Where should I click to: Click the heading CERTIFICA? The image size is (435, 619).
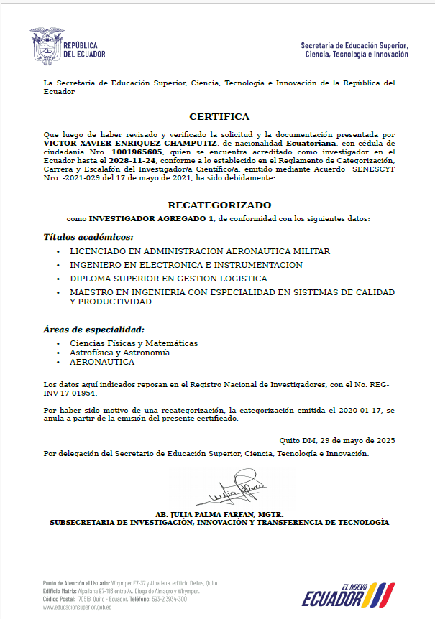pyautogui.click(x=219, y=116)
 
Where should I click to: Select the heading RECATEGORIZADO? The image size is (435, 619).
pyautogui.click(x=219, y=205)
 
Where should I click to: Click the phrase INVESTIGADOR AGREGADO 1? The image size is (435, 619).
pyautogui.click(x=151, y=218)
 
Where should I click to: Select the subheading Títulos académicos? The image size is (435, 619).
pyautogui.click(x=88, y=236)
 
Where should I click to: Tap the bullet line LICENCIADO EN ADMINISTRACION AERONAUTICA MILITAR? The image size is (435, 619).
pyautogui.click(x=200, y=252)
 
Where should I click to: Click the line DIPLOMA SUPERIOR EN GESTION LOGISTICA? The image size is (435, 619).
pyautogui.click(x=168, y=279)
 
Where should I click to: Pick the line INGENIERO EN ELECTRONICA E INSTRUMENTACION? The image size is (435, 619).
pyautogui.click(x=186, y=265)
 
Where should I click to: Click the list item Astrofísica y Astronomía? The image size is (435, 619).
pyautogui.click(x=119, y=353)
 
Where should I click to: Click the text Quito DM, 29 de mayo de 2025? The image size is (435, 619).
pyautogui.click(x=336, y=439)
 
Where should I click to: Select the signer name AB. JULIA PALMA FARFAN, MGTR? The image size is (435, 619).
pyautogui.click(x=219, y=514)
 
